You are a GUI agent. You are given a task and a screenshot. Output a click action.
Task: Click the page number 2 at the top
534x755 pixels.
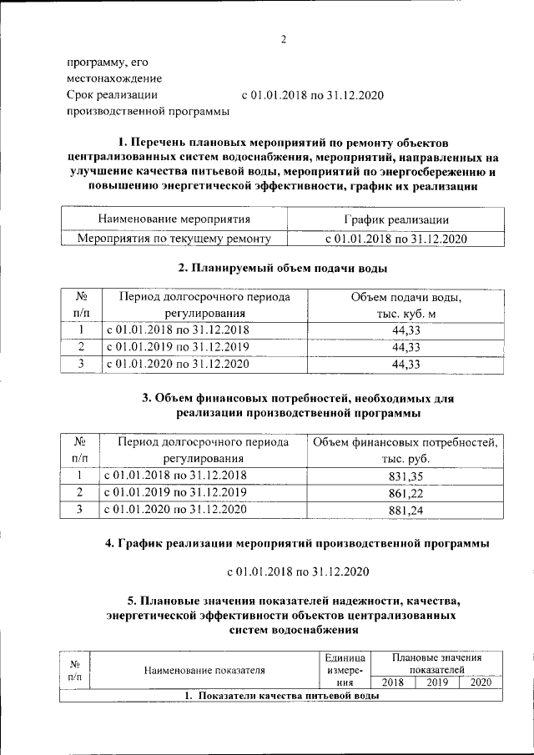pos(284,39)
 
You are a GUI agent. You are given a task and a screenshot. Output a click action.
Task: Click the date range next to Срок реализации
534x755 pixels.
pos(312,95)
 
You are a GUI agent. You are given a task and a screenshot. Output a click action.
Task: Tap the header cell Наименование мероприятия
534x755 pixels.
pos(174,219)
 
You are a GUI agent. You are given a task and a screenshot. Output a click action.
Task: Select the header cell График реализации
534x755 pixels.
pos(396,219)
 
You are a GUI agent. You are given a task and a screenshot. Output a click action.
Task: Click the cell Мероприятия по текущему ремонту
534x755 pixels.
pos(174,239)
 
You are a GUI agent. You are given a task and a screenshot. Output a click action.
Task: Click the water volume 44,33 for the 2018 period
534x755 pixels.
pos(405,330)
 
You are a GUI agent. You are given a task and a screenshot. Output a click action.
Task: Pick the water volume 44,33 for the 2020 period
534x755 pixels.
pos(405,364)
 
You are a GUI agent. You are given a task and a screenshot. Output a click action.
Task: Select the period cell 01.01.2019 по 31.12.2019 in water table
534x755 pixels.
pos(176,347)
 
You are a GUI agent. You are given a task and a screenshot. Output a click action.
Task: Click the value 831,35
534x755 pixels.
pos(406,476)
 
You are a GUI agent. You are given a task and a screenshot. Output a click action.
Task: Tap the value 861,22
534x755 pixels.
pos(406,492)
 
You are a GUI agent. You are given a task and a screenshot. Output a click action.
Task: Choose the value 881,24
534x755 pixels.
pos(406,510)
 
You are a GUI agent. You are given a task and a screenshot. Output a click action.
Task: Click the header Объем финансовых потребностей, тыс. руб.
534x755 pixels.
pos(406,450)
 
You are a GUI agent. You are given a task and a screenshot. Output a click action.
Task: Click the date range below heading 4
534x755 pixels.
pos(298,571)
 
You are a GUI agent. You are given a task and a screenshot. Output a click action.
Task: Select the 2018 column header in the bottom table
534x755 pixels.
pos(392,682)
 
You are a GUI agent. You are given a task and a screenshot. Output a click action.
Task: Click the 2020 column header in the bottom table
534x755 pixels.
pos(481,682)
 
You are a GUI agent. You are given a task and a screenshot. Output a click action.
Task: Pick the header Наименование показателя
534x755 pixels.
pos(204,669)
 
